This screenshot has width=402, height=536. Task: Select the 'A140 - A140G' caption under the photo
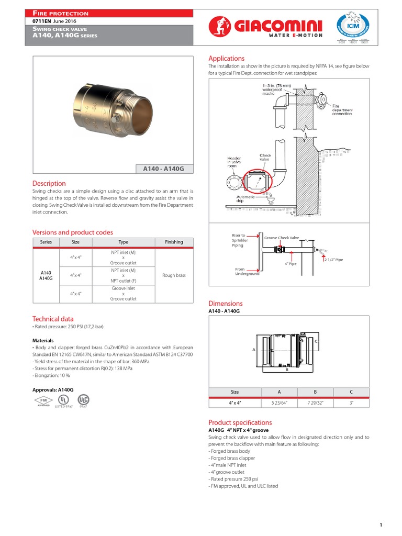click(x=164, y=169)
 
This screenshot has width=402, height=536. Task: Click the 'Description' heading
click(x=49, y=184)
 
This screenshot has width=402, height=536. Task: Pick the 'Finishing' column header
click(x=174, y=242)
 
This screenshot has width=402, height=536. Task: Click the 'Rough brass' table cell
click(x=174, y=275)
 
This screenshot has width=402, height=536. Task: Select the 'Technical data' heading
click(x=53, y=319)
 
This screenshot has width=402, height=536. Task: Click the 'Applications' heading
click(x=226, y=59)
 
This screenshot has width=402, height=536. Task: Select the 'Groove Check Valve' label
click(x=281, y=238)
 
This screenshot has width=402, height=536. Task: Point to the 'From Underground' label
click(x=247, y=272)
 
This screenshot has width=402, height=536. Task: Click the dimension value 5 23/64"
click(x=279, y=403)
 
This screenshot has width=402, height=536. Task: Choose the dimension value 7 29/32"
click(x=316, y=403)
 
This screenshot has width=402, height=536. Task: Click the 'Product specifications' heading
click(x=240, y=422)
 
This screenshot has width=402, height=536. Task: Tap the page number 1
click(x=382, y=510)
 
